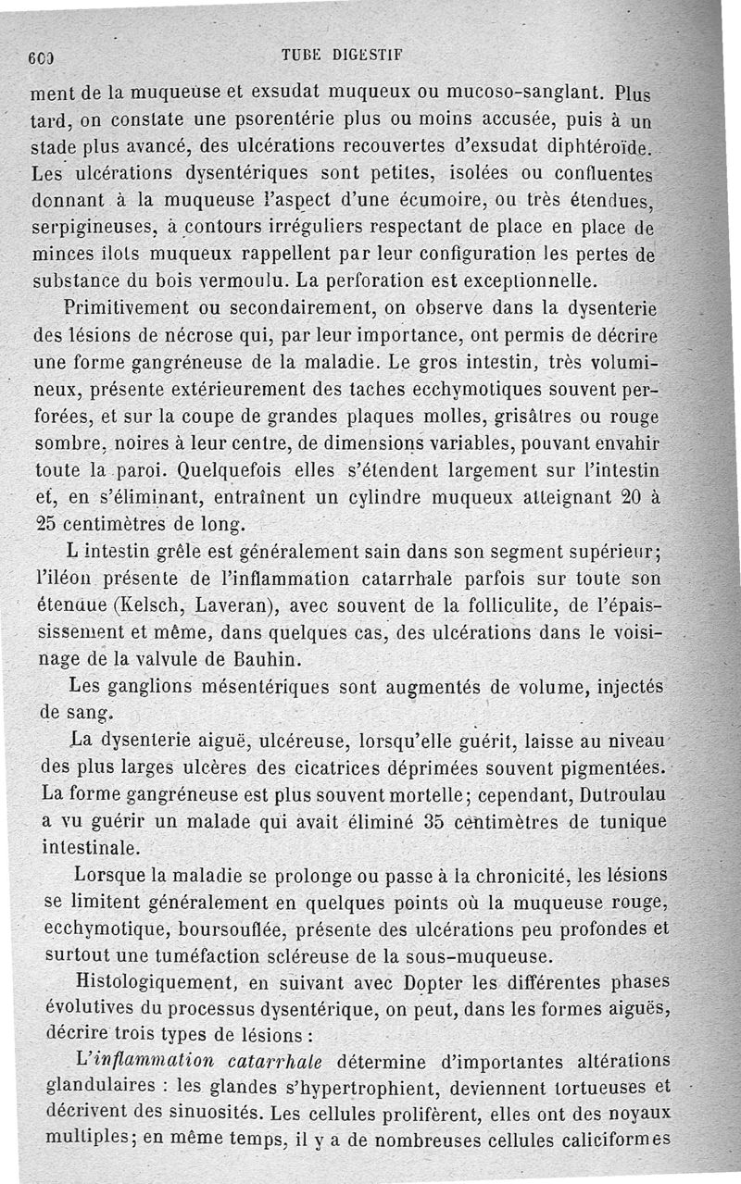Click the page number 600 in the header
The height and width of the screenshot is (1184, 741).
tap(41, 56)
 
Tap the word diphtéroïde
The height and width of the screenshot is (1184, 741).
tap(600, 146)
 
